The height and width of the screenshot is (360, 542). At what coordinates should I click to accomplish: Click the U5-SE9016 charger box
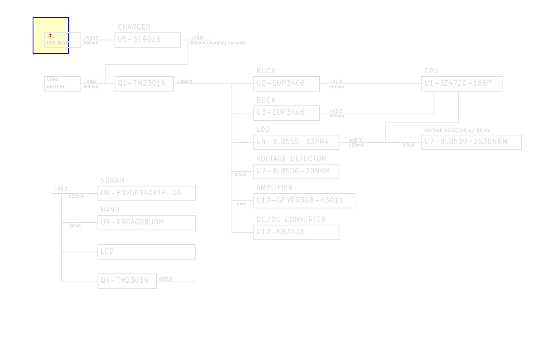point(148,40)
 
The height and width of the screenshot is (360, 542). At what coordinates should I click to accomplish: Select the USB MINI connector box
point(62,40)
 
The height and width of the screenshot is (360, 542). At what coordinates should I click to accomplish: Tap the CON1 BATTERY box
point(62,83)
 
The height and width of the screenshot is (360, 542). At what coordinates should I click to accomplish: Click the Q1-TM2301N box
point(144,83)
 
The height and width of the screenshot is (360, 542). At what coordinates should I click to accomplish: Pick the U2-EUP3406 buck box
point(286,83)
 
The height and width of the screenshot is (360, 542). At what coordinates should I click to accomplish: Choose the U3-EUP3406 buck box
point(286,113)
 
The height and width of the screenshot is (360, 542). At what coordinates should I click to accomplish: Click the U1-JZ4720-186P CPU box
point(462,83)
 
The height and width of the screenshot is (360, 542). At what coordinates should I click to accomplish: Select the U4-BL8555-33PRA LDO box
point(296,142)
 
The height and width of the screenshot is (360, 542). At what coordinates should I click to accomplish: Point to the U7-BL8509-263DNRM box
point(471,142)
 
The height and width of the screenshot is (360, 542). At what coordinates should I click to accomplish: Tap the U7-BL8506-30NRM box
point(296,171)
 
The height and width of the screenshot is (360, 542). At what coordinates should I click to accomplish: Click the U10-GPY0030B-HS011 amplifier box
point(305,200)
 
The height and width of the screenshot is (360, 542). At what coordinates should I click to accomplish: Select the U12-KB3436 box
point(296,232)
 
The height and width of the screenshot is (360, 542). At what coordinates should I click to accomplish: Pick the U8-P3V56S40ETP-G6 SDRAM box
point(147,193)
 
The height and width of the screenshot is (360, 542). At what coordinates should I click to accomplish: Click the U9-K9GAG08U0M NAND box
point(147,222)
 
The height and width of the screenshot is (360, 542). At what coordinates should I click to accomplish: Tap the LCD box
point(147,252)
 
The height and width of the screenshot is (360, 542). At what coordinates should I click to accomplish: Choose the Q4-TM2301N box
point(127,281)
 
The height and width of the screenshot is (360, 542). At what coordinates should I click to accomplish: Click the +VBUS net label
point(91,38)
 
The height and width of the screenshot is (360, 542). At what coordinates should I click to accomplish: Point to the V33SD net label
point(166,279)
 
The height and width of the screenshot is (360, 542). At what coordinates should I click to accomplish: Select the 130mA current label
point(76,197)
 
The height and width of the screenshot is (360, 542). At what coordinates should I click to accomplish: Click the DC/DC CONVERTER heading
point(291,219)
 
